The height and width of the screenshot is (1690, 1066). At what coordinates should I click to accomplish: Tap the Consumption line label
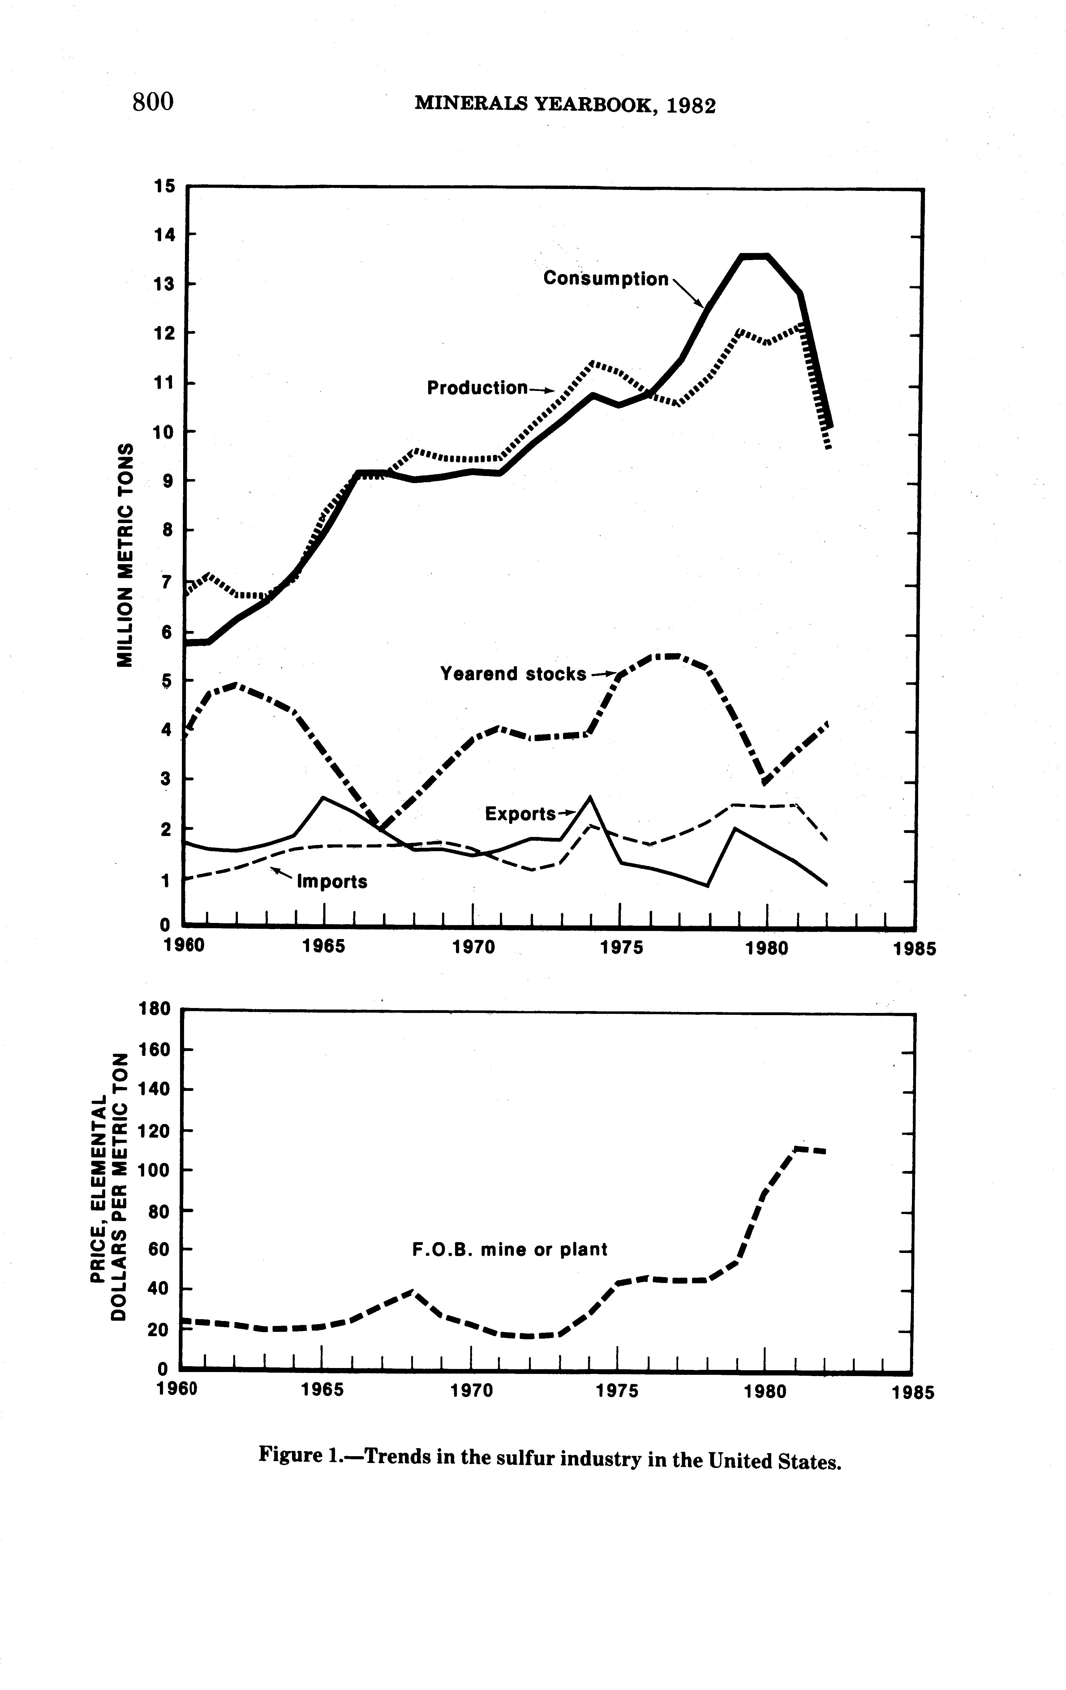click(x=606, y=279)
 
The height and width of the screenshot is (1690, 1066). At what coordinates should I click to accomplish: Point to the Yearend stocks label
click(x=513, y=674)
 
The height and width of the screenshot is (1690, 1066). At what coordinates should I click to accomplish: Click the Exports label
click(x=520, y=814)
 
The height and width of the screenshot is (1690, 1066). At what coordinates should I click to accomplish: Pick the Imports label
click(x=332, y=881)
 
